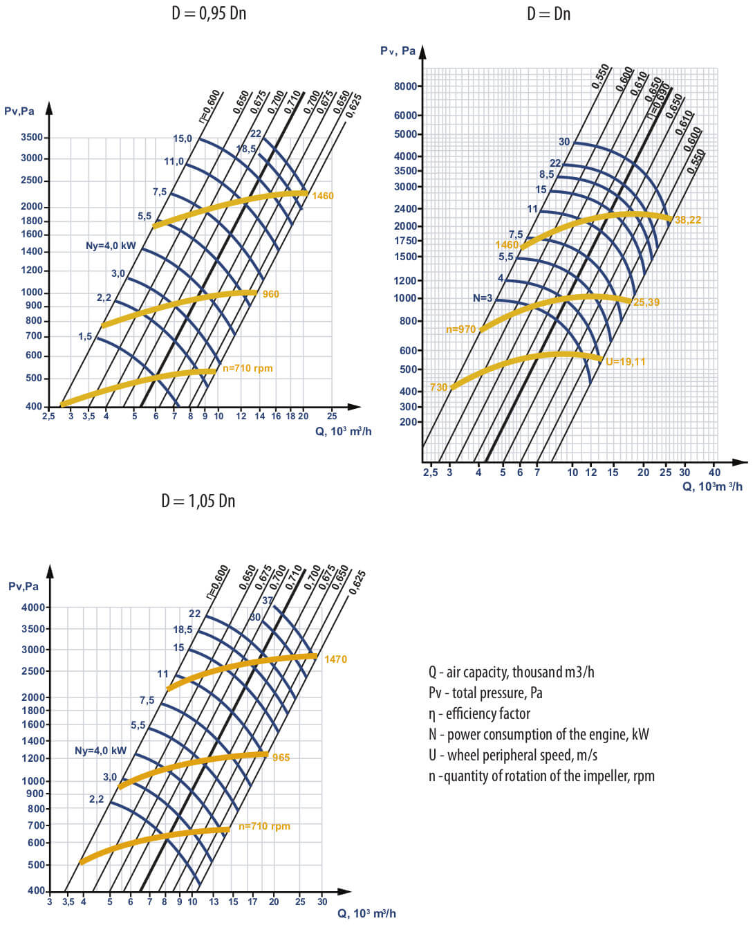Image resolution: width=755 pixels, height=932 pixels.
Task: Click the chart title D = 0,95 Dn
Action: (x=209, y=14)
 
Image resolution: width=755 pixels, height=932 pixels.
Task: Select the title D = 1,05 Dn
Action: (x=198, y=501)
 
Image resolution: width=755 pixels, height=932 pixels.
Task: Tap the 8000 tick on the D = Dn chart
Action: (x=406, y=86)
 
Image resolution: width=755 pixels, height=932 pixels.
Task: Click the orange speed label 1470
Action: (x=335, y=659)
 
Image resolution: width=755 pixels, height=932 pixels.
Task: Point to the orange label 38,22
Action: (x=687, y=220)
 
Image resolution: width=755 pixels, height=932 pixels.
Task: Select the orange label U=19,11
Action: (x=625, y=362)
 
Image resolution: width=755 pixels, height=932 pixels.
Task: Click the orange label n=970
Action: (x=460, y=329)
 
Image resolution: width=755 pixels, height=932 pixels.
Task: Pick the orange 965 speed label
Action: (x=281, y=758)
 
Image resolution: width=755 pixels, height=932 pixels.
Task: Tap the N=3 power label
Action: (x=483, y=298)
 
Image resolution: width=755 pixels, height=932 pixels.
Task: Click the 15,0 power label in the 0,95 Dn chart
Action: (x=183, y=138)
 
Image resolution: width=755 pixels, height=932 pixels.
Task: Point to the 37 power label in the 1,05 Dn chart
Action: (x=268, y=601)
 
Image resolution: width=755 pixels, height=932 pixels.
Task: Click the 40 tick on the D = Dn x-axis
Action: (x=714, y=473)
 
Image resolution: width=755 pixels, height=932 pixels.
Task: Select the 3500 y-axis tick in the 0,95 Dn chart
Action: (x=32, y=137)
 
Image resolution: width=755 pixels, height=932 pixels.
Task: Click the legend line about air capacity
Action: (x=511, y=672)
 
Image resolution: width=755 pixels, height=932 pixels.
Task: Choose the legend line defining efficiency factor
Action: (x=479, y=713)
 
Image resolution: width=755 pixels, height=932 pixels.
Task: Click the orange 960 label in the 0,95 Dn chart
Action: (x=270, y=294)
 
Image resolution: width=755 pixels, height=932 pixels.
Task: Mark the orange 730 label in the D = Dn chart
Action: (x=438, y=387)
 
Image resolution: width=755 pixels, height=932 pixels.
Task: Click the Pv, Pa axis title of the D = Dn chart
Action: (x=398, y=51)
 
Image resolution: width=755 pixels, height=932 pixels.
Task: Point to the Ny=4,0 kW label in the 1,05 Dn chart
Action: (x=100, y=751)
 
